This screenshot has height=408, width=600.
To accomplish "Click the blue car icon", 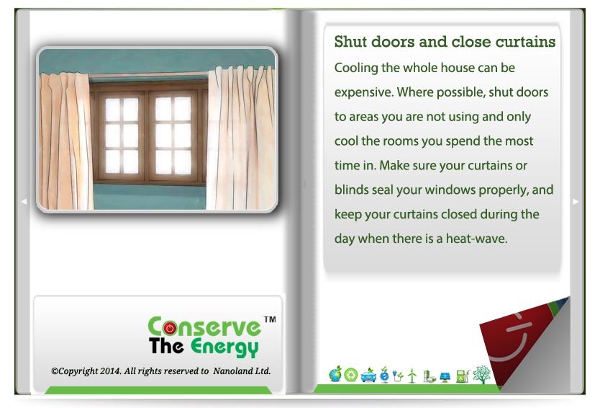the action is [368, 376].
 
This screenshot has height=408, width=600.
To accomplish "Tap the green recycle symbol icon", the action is [351, 375].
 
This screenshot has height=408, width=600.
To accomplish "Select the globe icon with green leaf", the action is [335, 374].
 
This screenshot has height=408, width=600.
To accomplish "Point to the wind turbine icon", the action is [412, 376].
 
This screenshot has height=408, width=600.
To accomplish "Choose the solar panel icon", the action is [445, 377].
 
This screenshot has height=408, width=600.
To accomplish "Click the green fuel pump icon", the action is [463, 376].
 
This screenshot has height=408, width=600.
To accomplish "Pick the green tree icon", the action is [481, 375].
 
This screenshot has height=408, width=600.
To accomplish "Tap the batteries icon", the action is [429, 376].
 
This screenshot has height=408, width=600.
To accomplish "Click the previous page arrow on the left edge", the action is [24, 201].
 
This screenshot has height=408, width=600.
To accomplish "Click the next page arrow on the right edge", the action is [576, 201].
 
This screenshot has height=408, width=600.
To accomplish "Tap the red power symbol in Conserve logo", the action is [170, 328].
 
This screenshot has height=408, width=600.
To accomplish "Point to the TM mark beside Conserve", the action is [270, 319].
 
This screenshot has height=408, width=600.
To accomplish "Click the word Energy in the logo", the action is [224, 347].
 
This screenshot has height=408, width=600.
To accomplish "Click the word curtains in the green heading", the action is [525, 42].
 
